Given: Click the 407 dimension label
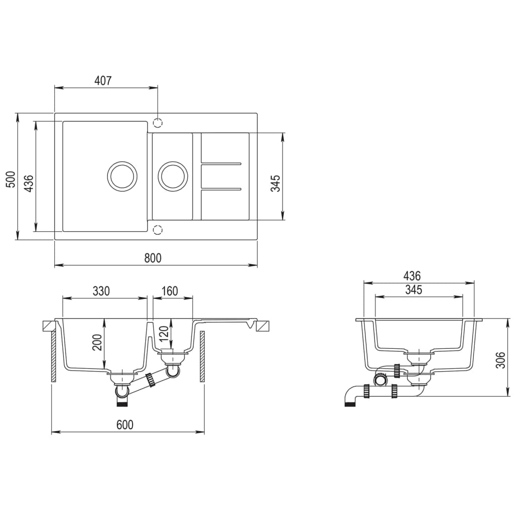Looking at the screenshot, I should (102, 80).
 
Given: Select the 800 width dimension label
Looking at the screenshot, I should (153, 258).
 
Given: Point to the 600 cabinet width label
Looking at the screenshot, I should (125, 425).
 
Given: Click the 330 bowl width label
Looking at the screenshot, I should (101, 291).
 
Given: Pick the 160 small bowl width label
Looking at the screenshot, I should (169, 291).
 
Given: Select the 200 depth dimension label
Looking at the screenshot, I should (97, 342).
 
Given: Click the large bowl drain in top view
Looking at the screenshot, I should (122, 176).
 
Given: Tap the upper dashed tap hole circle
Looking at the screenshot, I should (158, 122).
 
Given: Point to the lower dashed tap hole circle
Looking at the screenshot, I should (158, 230).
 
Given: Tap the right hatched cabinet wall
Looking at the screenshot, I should (202, 356).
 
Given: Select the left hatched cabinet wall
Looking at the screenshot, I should (53, 356).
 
